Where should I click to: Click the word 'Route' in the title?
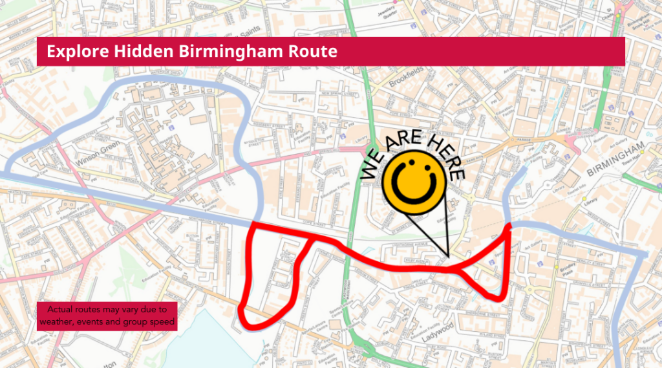click(315, 51)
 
